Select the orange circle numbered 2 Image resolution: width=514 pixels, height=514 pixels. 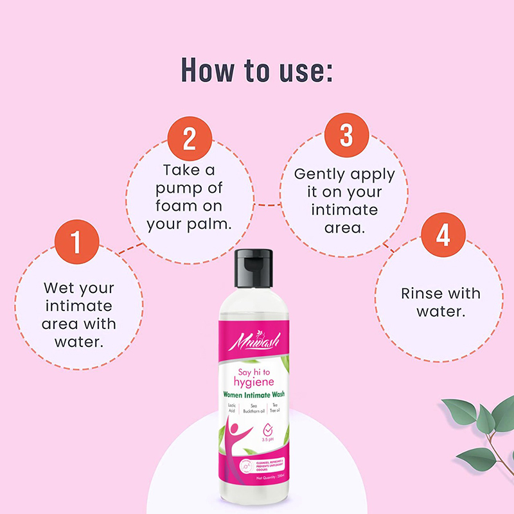coord(189,139)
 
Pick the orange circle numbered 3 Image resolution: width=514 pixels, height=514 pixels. coord(346,137)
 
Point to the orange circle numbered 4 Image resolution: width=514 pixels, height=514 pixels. coord(443,235)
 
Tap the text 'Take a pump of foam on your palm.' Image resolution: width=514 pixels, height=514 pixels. coord(189,198)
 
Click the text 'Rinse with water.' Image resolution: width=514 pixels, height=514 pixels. coord(441,303)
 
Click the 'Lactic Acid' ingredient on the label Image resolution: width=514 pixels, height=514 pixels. coord(231,409)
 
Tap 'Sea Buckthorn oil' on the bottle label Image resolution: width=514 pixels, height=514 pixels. coord(258,409)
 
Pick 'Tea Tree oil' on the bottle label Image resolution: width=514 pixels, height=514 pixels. coord(280,409)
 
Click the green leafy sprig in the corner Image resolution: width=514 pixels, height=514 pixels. coord(475,424)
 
